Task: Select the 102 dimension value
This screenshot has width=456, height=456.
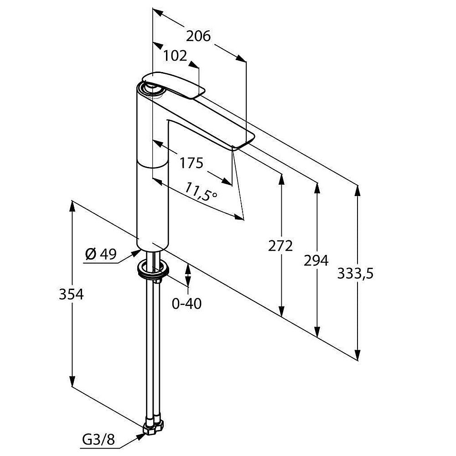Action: pos(175,56)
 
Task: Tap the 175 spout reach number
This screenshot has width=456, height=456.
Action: pos(191,163)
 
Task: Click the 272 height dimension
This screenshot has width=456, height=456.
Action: pos(280,246)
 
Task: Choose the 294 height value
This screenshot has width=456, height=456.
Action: pos(316,260)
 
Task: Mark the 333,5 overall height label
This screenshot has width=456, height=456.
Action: pos(356,273)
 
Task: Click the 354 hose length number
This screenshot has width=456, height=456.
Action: pos(71,295)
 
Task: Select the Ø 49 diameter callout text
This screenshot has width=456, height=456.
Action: pos(101,254)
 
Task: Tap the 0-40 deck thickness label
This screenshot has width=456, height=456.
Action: pos(187,303)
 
